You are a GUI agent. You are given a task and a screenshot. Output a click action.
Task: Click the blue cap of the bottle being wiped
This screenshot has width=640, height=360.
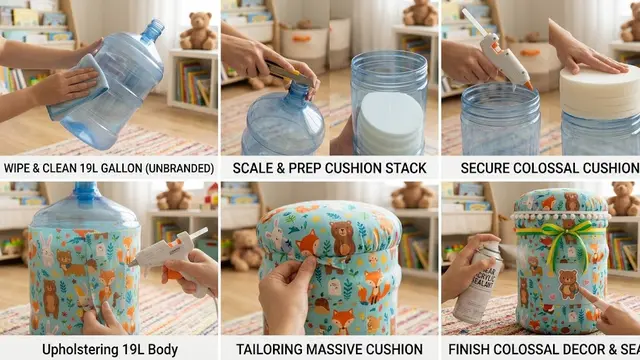154,30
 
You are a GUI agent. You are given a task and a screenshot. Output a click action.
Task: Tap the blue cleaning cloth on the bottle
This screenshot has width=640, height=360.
79,87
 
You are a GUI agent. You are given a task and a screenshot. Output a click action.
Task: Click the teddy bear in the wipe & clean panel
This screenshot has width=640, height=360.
199,31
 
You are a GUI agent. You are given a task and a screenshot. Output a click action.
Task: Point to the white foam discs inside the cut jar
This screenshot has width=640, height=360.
389,121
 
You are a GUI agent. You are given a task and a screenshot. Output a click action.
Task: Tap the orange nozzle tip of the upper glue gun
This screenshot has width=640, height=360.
529,86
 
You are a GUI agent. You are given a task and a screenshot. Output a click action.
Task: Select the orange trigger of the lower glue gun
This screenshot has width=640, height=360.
173,273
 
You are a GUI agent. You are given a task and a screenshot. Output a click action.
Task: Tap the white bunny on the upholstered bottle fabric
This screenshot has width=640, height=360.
47,250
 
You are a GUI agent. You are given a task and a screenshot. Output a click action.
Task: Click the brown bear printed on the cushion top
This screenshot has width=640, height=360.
343,238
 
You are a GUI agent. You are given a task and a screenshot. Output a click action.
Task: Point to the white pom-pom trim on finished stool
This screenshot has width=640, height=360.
560,216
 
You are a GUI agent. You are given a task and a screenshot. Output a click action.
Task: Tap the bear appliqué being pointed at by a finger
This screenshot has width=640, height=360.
568,284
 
